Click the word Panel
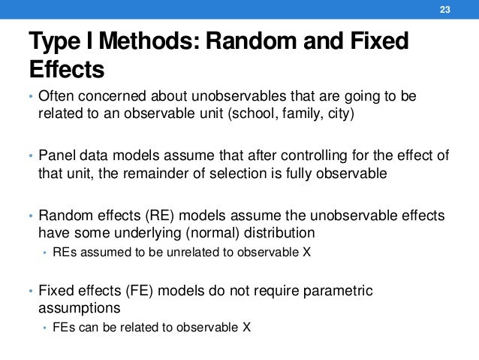56,156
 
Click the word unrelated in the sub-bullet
167,252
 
